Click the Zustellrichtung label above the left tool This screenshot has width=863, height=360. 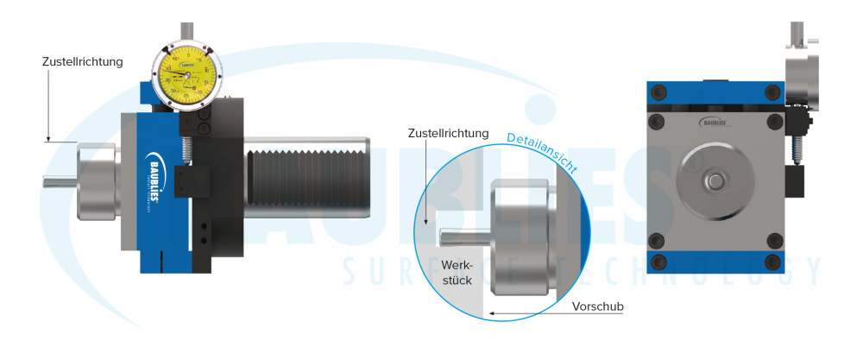83,62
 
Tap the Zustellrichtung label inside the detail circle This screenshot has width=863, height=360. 450,134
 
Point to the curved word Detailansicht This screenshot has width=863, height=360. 541,150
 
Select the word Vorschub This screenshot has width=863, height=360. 597,306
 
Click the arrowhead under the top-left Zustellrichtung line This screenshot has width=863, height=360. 49,138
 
